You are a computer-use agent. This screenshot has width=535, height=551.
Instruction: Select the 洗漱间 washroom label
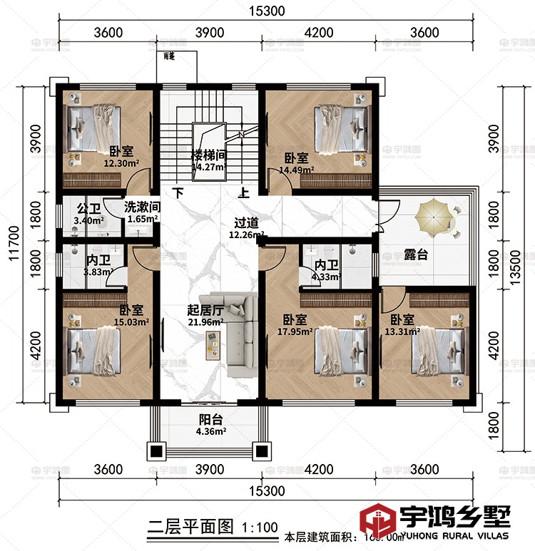pos(142,207)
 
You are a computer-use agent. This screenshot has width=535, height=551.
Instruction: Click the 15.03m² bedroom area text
pos(133,321)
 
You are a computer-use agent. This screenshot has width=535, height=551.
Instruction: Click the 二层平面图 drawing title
pos(189,527)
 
